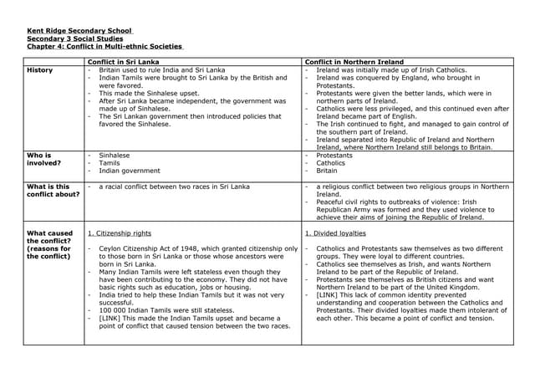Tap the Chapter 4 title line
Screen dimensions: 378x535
coord(105,47)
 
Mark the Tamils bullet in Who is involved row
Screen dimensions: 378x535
coord(110,163)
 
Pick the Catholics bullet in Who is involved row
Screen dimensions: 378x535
coord(331,163)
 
